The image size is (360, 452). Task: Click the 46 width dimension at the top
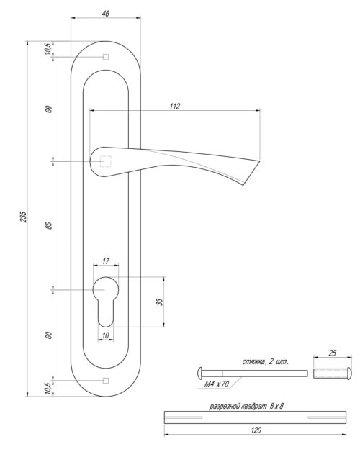pyautogui.click(x=106, y=14)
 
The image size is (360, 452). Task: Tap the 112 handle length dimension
pyautogui.click(x=174, y=106)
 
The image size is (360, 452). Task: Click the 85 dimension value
pyautogui.click(x=49, y=225)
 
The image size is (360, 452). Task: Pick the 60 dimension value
pyautogui.click(x=49, y=335)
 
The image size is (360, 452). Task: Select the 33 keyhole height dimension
pyautogui.click(x=161, y=302)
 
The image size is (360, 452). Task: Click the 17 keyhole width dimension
pyautogui.click(x=106, y=262)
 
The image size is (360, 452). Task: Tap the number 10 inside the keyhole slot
pyautogui.click(x=106, y=335)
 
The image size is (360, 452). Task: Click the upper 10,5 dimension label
pyautogui.click(x=49, y=49)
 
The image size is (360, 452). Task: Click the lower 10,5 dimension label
pyautogui.click(x=49, y=388)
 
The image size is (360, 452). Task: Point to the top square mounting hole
pyautogui.click(x=106, y=57)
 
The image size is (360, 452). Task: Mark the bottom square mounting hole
pyautogui.click(x=106, y=379)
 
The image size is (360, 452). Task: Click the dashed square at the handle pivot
pyautogui.click(x=106, y=161)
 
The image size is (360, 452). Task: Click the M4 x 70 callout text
pyautogui.click(x=216, y=384)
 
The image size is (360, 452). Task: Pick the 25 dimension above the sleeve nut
pyautogui.click(x=332, y=354)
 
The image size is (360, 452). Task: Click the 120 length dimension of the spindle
pyautogui.click(x=256, y=430)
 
